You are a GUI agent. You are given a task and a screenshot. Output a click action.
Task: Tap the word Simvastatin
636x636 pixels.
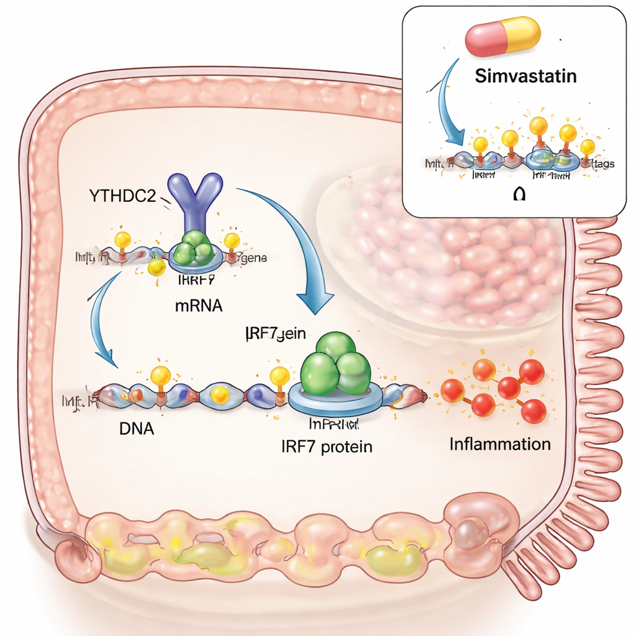click(x=525, y=76)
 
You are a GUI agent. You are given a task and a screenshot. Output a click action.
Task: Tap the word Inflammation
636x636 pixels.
click(x=499, y=444)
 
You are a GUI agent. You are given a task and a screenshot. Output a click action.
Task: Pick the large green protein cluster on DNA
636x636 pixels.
click(x=335, y=366)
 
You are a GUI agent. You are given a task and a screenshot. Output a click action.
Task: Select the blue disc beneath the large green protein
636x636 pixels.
click(x=335, y=402)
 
